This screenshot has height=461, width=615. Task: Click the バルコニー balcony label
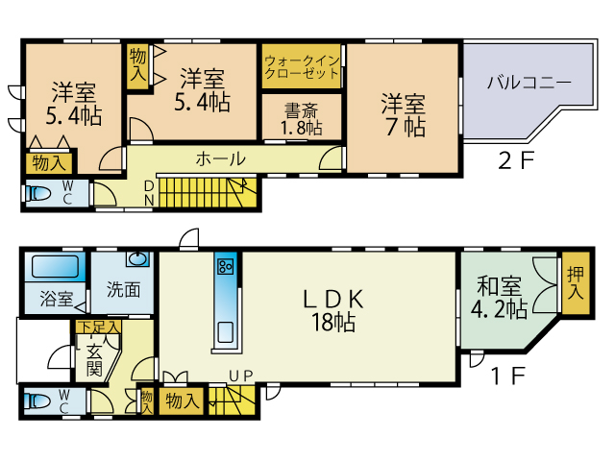click(x=529, y=84)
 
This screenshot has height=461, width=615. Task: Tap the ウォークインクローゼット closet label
click(x=302, y=67)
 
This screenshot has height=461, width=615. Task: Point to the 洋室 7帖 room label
click(x=404, y=115)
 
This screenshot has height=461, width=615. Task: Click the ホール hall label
click(x=221, y=158)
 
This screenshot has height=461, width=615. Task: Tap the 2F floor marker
click(x=516, y=160)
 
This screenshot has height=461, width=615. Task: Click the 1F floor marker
click(x=508, y=376)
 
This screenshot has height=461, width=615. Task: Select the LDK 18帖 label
click(x=333, y=310)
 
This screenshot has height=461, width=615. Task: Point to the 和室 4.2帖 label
click(x=499, y=298)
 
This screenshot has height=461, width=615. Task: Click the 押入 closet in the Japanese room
click(x=576, y=283)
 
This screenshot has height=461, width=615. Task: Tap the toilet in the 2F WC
click(x=38, y=193)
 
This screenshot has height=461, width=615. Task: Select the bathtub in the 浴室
click(x=56, y=267)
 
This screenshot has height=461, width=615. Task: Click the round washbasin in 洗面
click(x=137, y=259)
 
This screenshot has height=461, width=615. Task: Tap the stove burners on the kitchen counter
click(x=226, y=266)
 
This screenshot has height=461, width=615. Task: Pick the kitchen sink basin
click(x=226, y=332)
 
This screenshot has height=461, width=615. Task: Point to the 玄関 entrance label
click(x=94, y=360)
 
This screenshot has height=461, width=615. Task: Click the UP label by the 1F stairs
click(x=241, y=376)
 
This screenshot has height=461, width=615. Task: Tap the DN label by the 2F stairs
click(x=149, y=193)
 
